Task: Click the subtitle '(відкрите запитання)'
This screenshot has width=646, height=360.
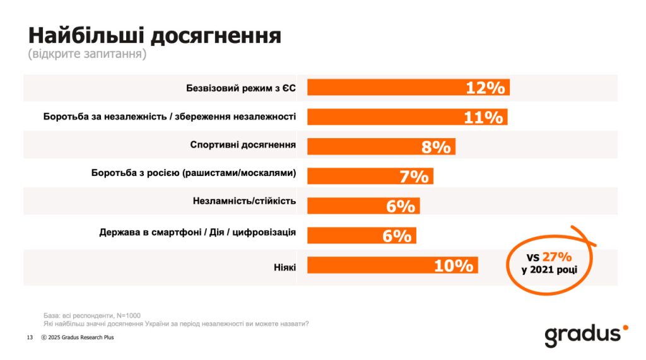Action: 87,54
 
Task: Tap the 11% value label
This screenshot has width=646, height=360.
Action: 483,117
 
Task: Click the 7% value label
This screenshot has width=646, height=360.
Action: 414,177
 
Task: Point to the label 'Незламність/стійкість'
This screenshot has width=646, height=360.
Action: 245,202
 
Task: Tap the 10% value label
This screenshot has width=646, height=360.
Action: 454,266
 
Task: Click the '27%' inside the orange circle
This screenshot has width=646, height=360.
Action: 559,257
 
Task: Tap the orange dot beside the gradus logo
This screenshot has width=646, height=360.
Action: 625,327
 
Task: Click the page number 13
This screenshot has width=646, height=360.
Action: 30,337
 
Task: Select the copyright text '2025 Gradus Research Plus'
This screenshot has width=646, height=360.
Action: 81,337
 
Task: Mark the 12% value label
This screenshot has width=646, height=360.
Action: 485,88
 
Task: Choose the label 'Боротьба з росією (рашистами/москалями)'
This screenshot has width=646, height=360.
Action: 194,173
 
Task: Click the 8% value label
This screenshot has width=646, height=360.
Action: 436,147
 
